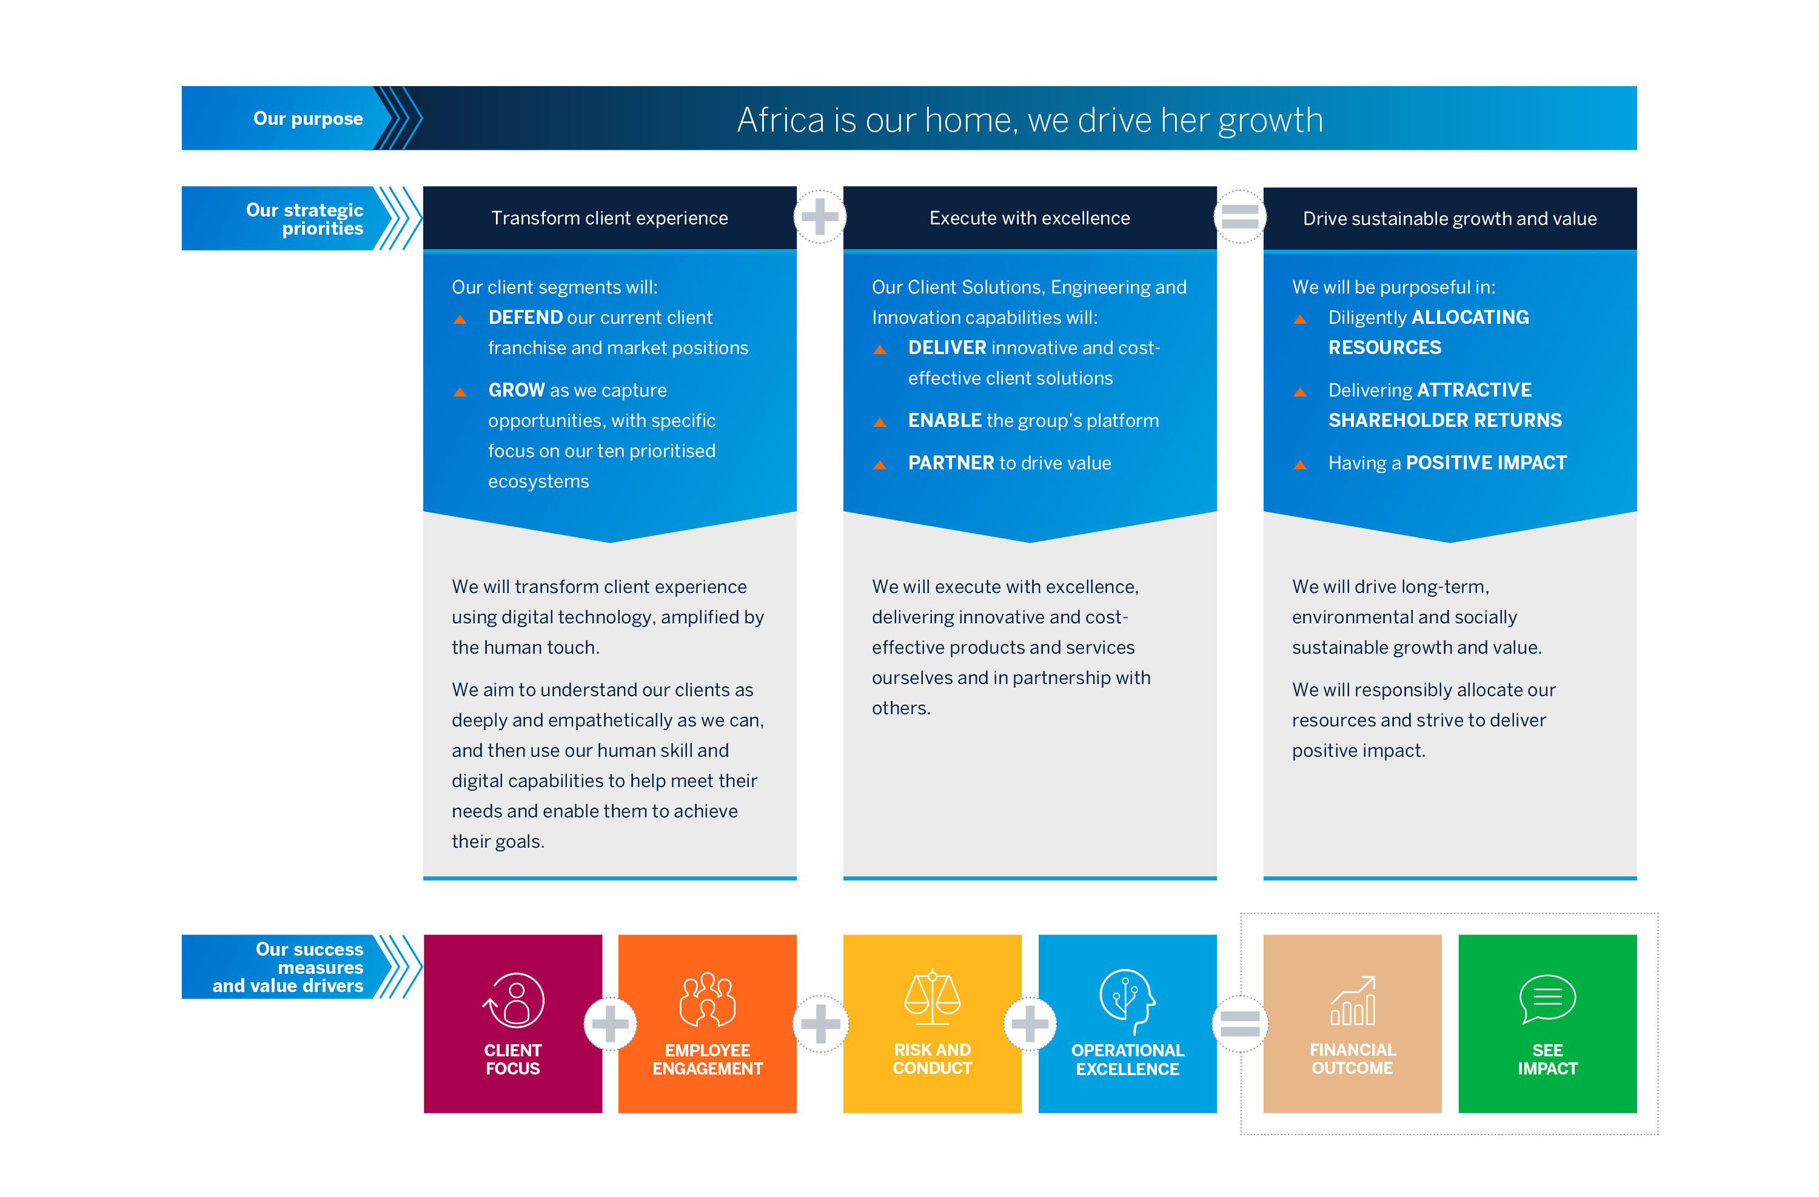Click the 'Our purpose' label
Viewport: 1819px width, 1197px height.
click(308, 118)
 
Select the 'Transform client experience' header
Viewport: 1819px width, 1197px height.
click(609, 218)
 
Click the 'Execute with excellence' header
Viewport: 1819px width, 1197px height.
click(1030, 218)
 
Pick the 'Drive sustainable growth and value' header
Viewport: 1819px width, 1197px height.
click(1450, 219)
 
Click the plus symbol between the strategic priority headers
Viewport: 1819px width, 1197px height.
click(820, 216)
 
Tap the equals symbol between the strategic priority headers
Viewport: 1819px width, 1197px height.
click(1240, 216)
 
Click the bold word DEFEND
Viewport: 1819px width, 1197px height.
click(526, 317)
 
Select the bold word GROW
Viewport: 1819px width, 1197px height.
click(517, 390)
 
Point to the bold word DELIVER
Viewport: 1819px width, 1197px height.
click(947, 348)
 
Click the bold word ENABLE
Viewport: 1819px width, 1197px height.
click(945, 420)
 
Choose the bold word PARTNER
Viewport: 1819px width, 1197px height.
click(951, 463)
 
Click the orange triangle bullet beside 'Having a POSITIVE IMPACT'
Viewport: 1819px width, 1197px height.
click(1300, 464)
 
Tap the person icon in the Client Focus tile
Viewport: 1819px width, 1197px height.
click(514, 1000)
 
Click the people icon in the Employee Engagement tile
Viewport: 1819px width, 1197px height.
click(708, 999)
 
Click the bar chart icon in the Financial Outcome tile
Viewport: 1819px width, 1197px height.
click(1353, 1001)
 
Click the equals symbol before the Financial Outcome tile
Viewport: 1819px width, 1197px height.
click(1240, 1024)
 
